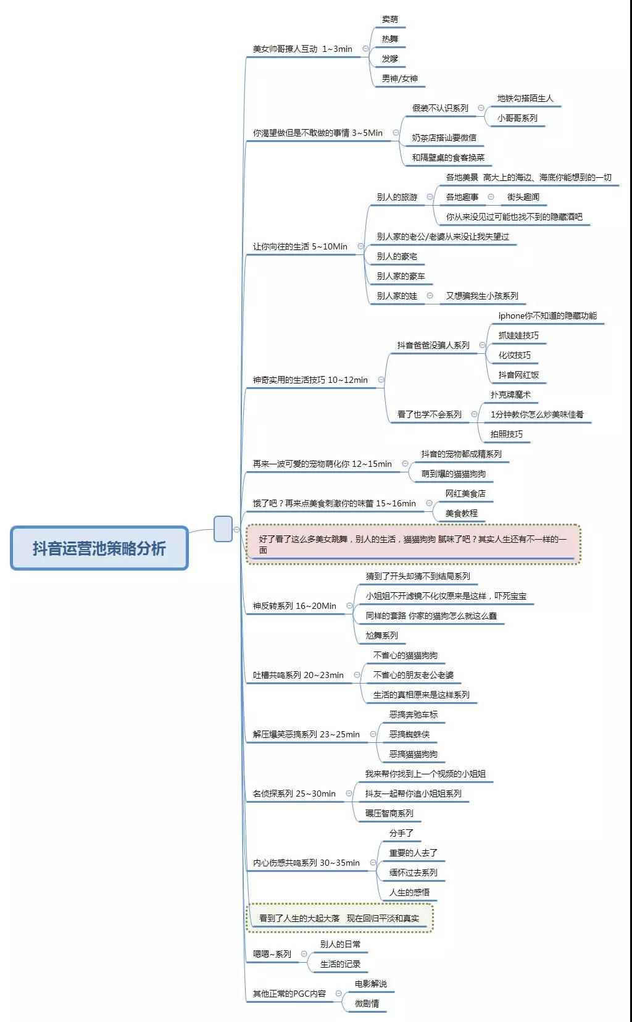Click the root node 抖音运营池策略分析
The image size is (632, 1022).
click(x=99, y=548)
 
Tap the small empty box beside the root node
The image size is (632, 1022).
click(x=223, y=529)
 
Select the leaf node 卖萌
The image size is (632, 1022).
click(x=390, y=19)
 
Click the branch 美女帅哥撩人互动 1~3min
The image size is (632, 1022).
click(x=302, y=49)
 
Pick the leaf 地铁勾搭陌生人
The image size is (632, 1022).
click(x=525, y=98)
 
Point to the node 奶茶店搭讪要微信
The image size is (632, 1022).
click(x=444, y=137)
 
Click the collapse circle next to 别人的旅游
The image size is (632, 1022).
click(x=430, y=196)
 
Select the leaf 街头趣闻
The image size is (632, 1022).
click(x=523, y=196)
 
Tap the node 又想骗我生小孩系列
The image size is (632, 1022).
click(x=482, y=296)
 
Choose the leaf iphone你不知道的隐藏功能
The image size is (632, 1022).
click(x=547, y=316)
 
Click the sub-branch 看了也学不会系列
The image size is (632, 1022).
click(x=429, y=414)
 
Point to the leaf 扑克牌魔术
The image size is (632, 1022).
click(x=510, y=395)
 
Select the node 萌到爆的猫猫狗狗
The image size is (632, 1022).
click(x=453, y=474)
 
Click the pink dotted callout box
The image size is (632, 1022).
click(x=413, y=544)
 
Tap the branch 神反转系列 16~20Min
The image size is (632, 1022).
click(x=294, y=606)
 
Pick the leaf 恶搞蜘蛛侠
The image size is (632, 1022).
click(x=409, y=734)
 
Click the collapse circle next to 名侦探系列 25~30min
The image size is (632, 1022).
click(x=349, y=793)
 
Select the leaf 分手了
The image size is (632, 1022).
click(x=401, y=832)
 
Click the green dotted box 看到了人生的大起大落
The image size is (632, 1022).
click(x=339, y=918)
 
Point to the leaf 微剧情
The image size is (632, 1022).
click(x=367, y=1003)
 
